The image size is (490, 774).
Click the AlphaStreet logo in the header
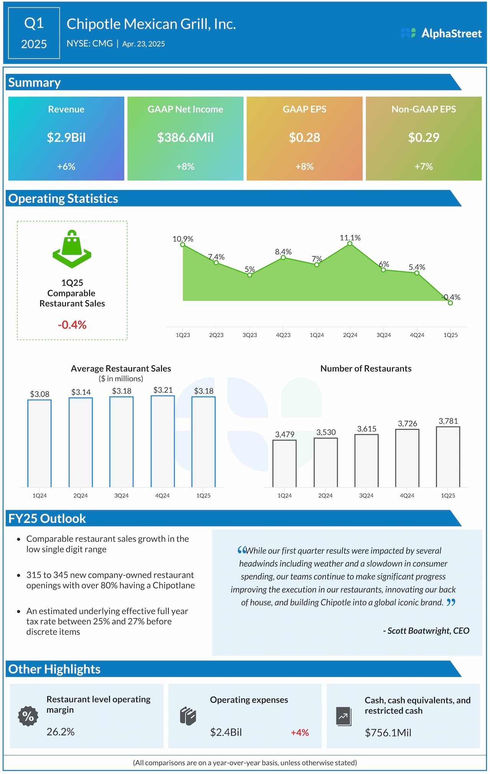click(441, 33)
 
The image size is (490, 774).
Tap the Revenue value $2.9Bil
click(66, 137)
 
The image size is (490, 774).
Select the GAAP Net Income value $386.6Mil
click(185, 137)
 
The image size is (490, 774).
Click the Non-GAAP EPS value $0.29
click(423, 137)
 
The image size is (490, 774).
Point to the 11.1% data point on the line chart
click(350, 244)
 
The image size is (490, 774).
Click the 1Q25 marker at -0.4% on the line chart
click(450, 303)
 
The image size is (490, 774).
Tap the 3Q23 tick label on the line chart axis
click(250, 335)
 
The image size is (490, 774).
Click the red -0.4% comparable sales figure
click(72, 325)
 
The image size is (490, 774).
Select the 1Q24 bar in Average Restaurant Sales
click(39, 443)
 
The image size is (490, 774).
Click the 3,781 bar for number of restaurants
click(448, 457)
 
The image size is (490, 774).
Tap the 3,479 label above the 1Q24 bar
click(285, 434)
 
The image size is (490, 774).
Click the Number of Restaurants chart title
click(366, 368)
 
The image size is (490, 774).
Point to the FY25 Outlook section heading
click(47, 519)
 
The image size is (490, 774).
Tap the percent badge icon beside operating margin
click(28, 716)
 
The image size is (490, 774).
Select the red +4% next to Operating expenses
click(300, 733)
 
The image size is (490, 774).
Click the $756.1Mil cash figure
click(388, 733)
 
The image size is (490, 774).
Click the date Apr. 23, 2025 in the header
click(144, 44)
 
